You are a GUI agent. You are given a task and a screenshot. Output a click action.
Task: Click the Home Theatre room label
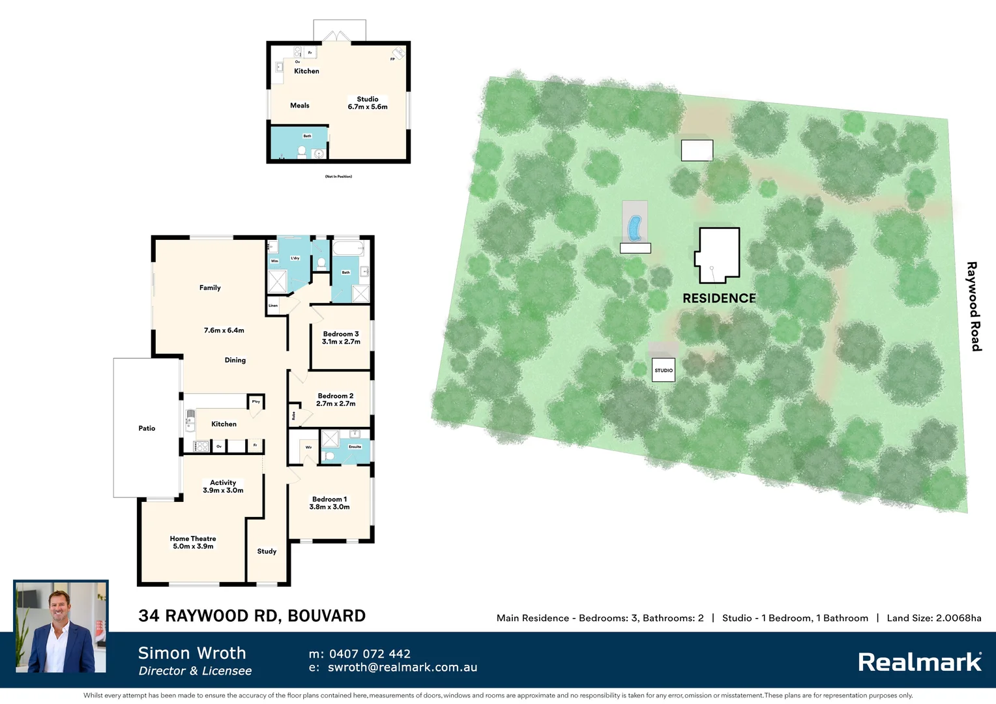pos(193,539)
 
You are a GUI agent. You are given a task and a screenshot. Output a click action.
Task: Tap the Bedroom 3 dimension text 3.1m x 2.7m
pos(341,342)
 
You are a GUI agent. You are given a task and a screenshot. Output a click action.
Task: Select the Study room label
pos(267,551)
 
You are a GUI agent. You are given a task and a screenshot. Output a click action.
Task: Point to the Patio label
pos(147,428)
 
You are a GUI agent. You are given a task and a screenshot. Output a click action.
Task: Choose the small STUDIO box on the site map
pos(664,370)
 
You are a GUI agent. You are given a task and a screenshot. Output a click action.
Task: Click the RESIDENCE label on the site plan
pos(719,298)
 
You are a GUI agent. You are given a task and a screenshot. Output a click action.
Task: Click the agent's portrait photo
pos(61,627)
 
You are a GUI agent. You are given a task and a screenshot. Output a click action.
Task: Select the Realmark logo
pos(920,662)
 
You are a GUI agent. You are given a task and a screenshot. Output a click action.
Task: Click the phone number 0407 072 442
pos(370,654)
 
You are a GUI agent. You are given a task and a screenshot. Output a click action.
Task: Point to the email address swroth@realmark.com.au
pos(402,667)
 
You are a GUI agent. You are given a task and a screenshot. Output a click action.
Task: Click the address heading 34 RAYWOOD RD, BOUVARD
pos(252,616)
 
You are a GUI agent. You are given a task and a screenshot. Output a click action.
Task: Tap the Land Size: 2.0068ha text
pos(933,618)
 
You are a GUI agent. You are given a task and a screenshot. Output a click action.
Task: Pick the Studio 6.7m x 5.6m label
pos(368,103)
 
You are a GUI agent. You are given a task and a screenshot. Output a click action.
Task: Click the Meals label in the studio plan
pos(300,106)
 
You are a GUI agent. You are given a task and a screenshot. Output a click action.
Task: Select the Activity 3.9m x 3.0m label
pos(223,486)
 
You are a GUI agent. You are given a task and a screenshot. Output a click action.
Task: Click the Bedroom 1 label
pos(329,499)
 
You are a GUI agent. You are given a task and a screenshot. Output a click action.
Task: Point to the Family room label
pos(210,287)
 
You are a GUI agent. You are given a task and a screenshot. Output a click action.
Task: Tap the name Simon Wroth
pos(192,653)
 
